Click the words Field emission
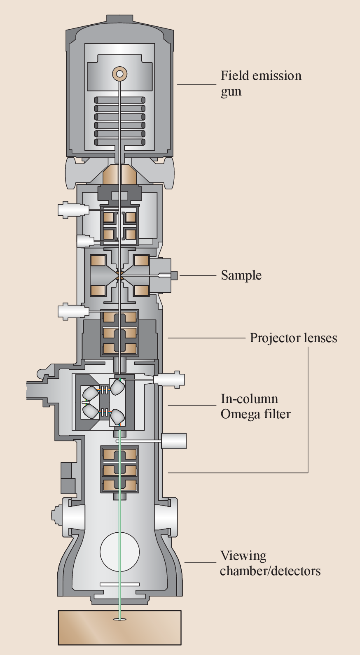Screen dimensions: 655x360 (261, 76)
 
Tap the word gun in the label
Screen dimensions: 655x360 (231, 91)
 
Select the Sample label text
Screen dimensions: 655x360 (241, 275)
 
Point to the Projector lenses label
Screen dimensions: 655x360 (293, 338)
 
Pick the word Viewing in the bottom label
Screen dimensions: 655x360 (243, 556)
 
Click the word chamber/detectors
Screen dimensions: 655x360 (270, 571)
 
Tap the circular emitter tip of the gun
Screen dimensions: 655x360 (119, 74)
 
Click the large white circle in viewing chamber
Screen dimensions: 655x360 (119, 552)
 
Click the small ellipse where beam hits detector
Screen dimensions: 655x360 (119, 619)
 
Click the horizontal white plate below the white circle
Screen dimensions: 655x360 (119, 584)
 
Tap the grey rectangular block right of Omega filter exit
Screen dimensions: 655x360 (174, 441)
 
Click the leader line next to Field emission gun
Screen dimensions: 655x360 (196, 84)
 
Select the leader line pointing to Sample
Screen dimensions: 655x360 (197, 275)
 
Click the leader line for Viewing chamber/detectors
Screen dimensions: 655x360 (200, 562)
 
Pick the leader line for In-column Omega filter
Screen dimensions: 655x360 (192, 406)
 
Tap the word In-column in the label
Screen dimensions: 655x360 (249, 399)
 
